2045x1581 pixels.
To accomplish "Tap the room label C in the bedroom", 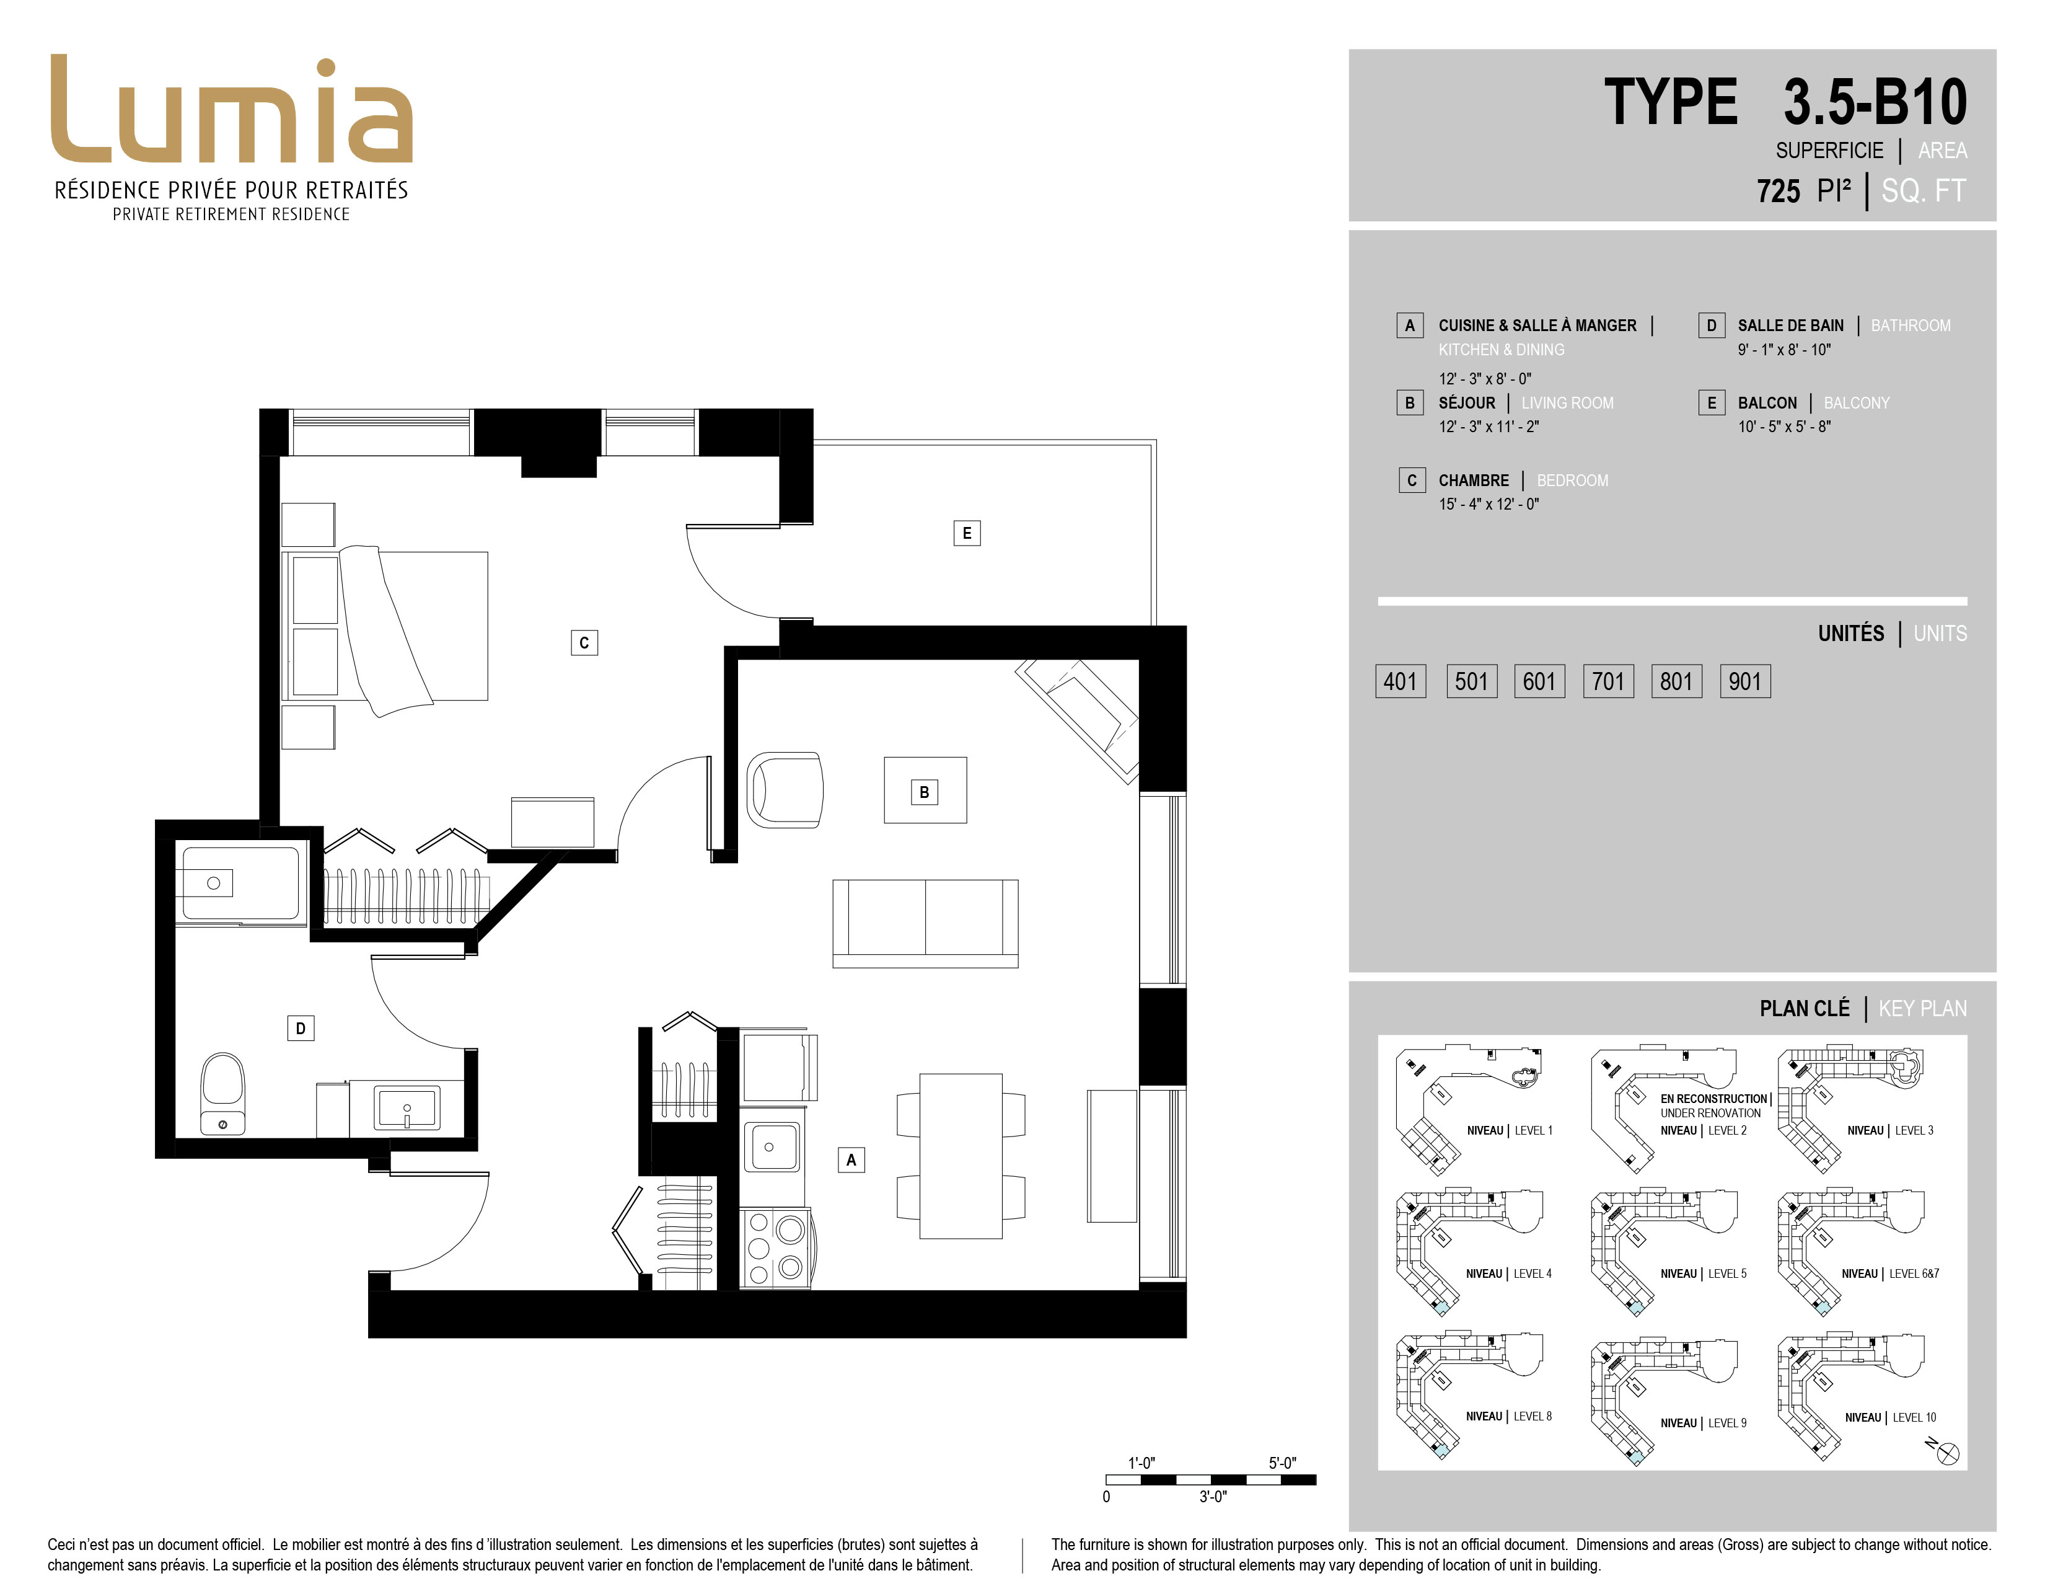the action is (x=584, y=642).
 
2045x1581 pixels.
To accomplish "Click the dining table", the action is (x=961, y=1156).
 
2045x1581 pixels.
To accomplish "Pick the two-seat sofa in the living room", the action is (x=925, y=923).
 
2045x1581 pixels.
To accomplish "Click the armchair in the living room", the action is (x=785, y=789).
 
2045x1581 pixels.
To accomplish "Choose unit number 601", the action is (x=1539, y=681).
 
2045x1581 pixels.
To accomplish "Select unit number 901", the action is (x=1745, y=681).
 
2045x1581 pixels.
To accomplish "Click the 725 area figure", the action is (x=1778, y=191).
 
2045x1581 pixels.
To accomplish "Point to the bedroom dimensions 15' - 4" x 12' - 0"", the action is (x=1489, y=504).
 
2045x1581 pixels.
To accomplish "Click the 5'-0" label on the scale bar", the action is (x=1283, y=1463).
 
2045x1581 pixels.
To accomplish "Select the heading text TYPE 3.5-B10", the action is (x=1785, y=102).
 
